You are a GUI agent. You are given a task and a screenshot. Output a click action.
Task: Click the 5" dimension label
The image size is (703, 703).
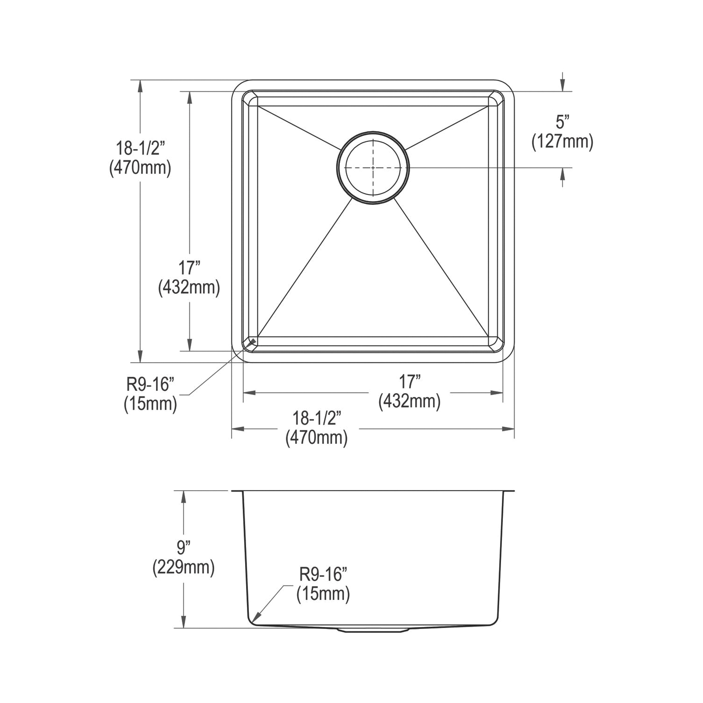click(562, 122)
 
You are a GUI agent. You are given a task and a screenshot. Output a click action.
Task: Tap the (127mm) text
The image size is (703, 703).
click(562, 141)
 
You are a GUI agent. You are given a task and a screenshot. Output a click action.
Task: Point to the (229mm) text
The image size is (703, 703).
click(184, 568)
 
